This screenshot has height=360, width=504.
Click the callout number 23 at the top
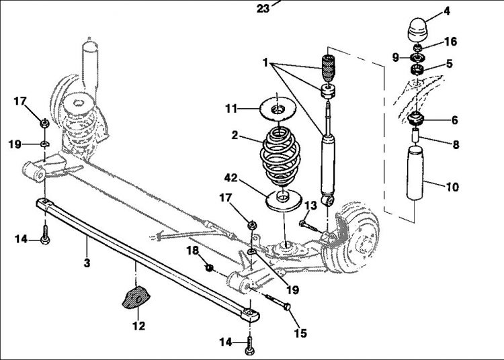click(263, 9)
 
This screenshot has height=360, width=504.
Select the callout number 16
click(450, 42)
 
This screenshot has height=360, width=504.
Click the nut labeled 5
click(417, 68)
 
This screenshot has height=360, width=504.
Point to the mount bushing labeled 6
click(417, 120)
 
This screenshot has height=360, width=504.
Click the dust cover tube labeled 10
click(417, 177)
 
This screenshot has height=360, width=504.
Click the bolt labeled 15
click(277, 300)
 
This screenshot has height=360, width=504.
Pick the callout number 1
click(265, 62)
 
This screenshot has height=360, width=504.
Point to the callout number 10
click(452, 188)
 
